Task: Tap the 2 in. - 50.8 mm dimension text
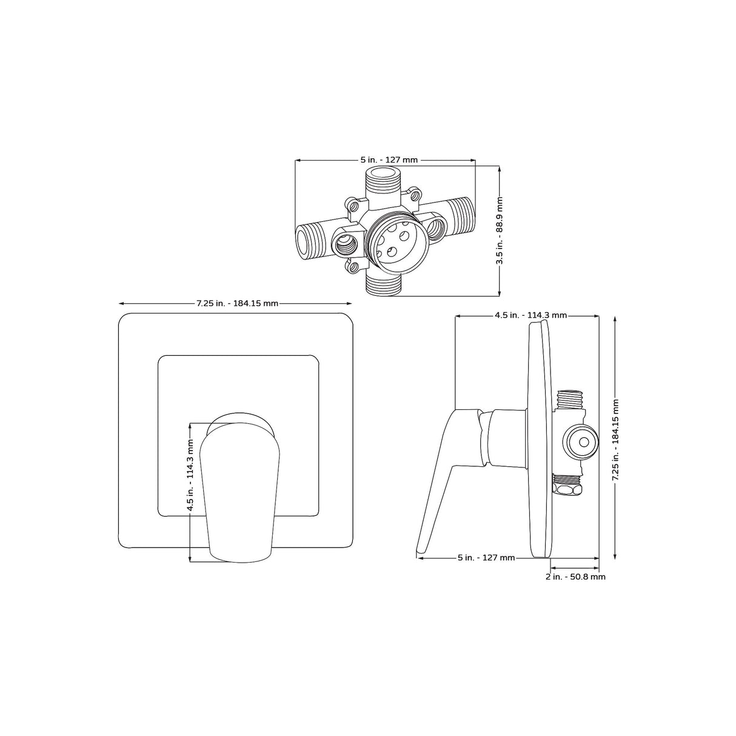[575, 577]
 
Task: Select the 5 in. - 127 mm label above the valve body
[389, 160]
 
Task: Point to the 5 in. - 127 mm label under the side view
[486, 558]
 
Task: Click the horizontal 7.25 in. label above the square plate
[237, 303]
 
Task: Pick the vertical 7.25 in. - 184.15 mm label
[615, 440]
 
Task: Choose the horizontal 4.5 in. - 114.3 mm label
[530, 315]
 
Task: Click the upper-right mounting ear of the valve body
[415, 195]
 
